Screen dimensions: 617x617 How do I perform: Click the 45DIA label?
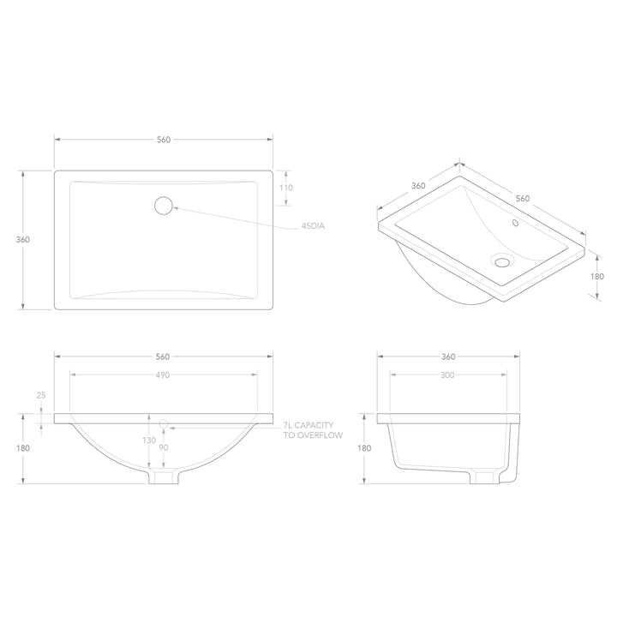pyautogui.click(x=314, y=226)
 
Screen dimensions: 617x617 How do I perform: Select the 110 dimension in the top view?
pyautogui.click(x=286, y=188)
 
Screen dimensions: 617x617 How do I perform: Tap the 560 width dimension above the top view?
pyautogui.click(x=164, y=139)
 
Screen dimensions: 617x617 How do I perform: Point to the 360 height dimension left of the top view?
pyautogui.click(x=23, y=239)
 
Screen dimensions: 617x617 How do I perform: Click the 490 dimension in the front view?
pyautogui.click(x=163, y=375)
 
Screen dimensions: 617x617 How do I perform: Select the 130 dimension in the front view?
pyautogui.click(x=150, y=440)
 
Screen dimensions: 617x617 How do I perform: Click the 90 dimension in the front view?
pyautogui.click(x=164, y=447)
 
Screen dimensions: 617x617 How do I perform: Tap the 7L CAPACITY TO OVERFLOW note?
pyautogui.click(x=313, y=430)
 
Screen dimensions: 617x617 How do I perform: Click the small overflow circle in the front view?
pyautogui.click(x=164, y=423)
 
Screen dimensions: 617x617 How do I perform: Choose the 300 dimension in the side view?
pyautogui.click(x=448, y=374)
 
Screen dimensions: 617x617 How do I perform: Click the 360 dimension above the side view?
pyautogui.click(x=448, y=356)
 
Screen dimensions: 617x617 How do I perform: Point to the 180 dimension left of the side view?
pyautogui.click(x=364, y=448)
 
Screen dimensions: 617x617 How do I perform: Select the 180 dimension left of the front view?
pyautogui.click(x=23, y=448)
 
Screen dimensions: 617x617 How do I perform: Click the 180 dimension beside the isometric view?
pyautogui.click(x=597, y=276)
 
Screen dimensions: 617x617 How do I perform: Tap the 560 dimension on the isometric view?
pyautogui.click(x=523, y=198)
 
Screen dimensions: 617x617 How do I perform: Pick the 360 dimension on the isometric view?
pyautogui.click(x=418, y=185)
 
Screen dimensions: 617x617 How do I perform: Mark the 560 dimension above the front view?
pyautogui.click(x=163, y=356)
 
